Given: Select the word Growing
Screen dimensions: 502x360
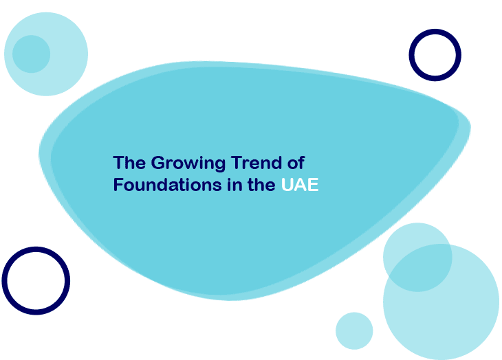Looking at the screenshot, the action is tap(188, 164).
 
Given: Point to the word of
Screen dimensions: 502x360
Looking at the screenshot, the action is tap(296, 162).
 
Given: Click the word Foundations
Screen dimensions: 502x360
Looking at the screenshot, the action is tap(167, 185).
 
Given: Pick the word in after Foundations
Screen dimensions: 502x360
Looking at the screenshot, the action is tap(234, 185).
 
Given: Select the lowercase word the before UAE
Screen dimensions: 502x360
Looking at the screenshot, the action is tap(261, 185).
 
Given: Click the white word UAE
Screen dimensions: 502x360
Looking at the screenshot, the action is tap(300, 185).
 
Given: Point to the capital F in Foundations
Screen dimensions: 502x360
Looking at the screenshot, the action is tap(118, 185).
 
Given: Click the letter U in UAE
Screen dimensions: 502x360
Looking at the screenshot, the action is tap(287, 185).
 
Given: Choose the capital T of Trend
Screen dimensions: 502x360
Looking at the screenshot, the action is tap(236, 162).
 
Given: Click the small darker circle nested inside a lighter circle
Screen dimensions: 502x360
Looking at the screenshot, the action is tap(32, 54).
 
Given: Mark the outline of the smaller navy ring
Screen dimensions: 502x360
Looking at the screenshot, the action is tap(435, 32).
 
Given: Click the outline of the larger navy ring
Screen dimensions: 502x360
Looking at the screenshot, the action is tap(36, 249).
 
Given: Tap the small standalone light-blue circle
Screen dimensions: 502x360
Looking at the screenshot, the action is tap(354, 331).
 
